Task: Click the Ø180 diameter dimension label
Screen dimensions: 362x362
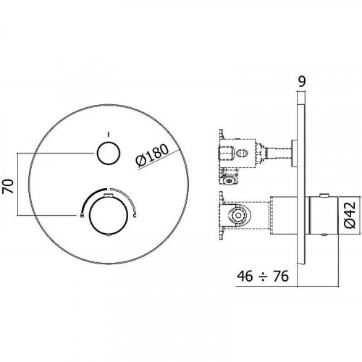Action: (x=152, y=156)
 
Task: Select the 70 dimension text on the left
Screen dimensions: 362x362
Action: (x=9, y=186)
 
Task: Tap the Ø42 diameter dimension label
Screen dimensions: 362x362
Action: (x=350, y=215)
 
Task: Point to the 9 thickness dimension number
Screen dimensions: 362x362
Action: (x=302, y=81)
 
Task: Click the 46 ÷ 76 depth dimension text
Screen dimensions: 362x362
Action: (x=263, y=276)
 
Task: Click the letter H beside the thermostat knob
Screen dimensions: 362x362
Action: (x=82, y=216)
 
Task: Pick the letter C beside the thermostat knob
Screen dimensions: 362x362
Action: (x=135, y=216)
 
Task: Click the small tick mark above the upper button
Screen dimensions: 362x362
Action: (x=109, y=134)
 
